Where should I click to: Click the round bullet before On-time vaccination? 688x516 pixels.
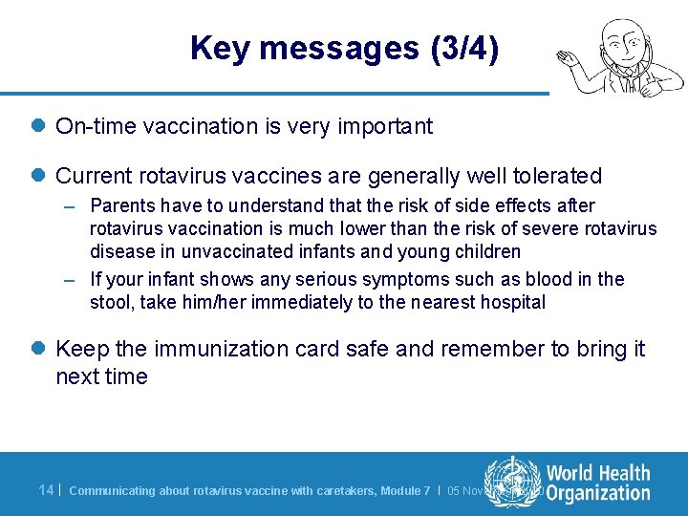(x=38, y=126)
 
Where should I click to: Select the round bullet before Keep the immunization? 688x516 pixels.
(x=38, y=350)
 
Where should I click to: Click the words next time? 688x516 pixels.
(x=101, y=376)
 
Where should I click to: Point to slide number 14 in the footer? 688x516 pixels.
(x=46, y=490)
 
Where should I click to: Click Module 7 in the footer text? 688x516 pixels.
(x=405, y=491)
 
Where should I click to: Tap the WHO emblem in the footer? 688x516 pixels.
(x=512, y=482)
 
